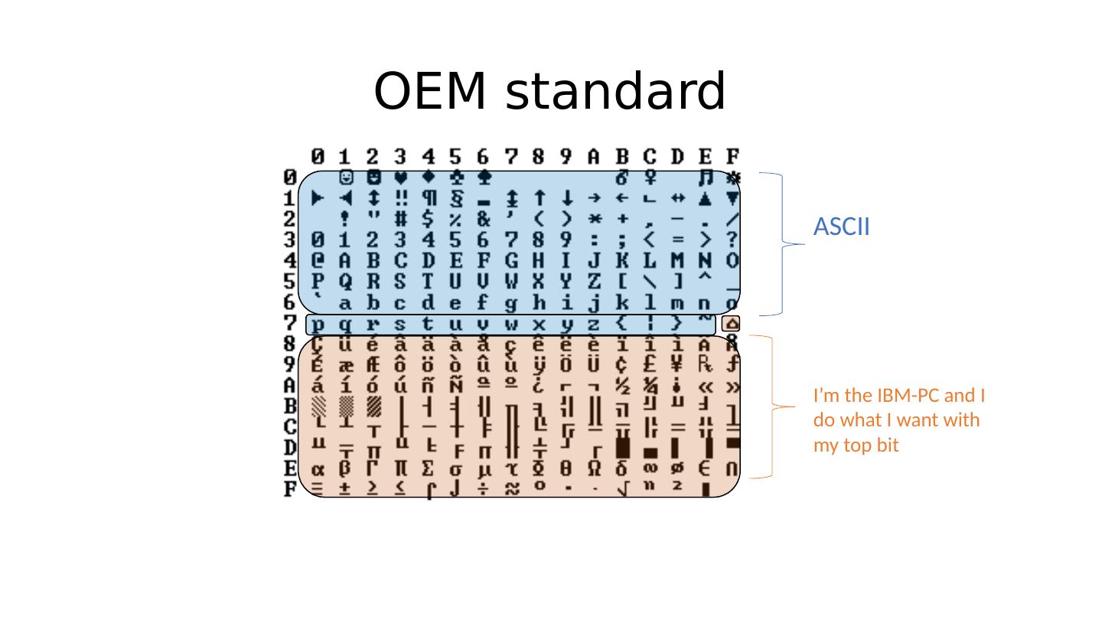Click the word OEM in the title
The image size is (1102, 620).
click(x=434, y=92)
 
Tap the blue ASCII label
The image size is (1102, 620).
click(x=841, y=227)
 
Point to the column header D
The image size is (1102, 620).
click(x=677, y=158)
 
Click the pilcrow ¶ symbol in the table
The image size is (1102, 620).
click(x=429, y=198)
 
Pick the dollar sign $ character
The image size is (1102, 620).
click(x=429, y=219)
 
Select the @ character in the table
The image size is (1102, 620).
click(x=318, y=261)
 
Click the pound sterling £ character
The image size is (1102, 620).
click(x=650, y=364)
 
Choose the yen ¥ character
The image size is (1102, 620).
click(x=677, y=364)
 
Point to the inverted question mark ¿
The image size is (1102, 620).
click(x=539, y=385)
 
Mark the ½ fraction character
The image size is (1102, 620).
click(x=622, y=385)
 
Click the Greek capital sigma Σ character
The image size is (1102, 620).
click(x=429, y=468)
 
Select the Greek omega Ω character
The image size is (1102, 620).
click(x=595, y=468)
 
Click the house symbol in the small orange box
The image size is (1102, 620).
click(x=731, y=325)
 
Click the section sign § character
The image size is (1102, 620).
click(x=456, y=198)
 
